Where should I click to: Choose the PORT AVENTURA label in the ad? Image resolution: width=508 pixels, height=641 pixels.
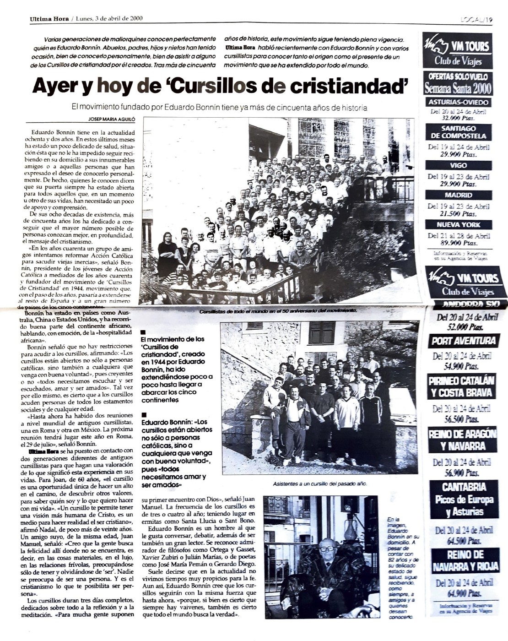[464, 341]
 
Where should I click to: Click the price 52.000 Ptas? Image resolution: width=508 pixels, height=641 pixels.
[463, 327]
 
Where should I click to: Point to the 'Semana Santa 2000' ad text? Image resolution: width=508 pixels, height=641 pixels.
[458, 88]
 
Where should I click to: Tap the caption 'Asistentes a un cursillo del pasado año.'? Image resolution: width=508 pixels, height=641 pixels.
[320, 483]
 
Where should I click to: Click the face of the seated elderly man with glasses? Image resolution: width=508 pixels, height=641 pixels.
[327, 548]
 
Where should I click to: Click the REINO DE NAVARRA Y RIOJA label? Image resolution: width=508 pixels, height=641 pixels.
[465, 561]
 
